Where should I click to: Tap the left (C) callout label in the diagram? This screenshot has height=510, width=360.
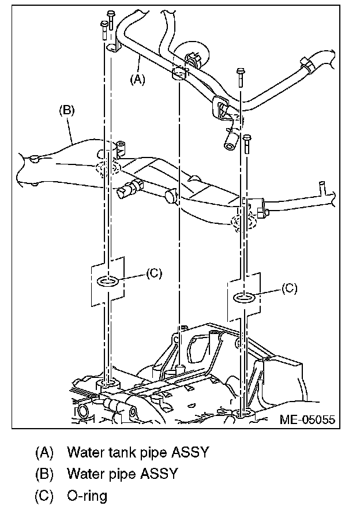153,273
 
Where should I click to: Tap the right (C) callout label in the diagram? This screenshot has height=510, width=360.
289,288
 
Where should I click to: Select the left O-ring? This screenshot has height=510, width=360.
108,281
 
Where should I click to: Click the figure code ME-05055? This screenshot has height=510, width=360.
307,420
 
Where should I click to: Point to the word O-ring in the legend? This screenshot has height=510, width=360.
87,495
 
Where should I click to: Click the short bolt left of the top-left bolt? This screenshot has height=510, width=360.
103,26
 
